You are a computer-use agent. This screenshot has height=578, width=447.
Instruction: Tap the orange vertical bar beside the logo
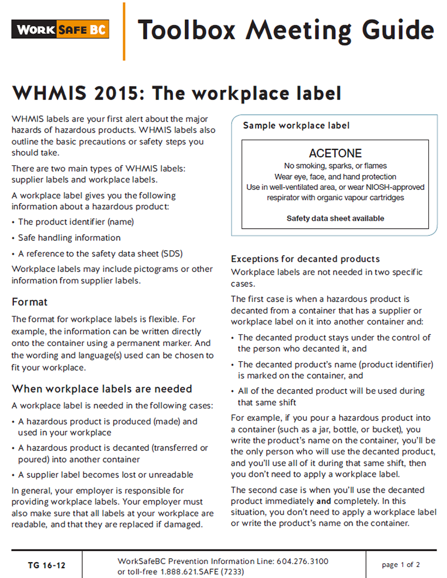tap(124, 31)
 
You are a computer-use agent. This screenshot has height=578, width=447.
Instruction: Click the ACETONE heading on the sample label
tap(335, 153)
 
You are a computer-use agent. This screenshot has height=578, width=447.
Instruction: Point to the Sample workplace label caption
tap(296, 126)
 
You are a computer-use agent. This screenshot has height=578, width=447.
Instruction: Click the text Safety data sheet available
tap(335, 218)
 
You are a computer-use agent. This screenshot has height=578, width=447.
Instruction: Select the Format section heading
tap(30, 302)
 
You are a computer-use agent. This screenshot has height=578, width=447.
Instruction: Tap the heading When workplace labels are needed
tap(102, 389)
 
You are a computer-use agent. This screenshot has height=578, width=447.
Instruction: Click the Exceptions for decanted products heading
tap(305, 258)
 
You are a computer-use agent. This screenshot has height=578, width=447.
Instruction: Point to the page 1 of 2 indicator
tap(401, 565)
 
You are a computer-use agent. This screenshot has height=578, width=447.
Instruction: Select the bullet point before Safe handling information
tap(14, 238)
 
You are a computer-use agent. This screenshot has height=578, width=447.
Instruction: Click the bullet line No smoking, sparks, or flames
tap(335, 166)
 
